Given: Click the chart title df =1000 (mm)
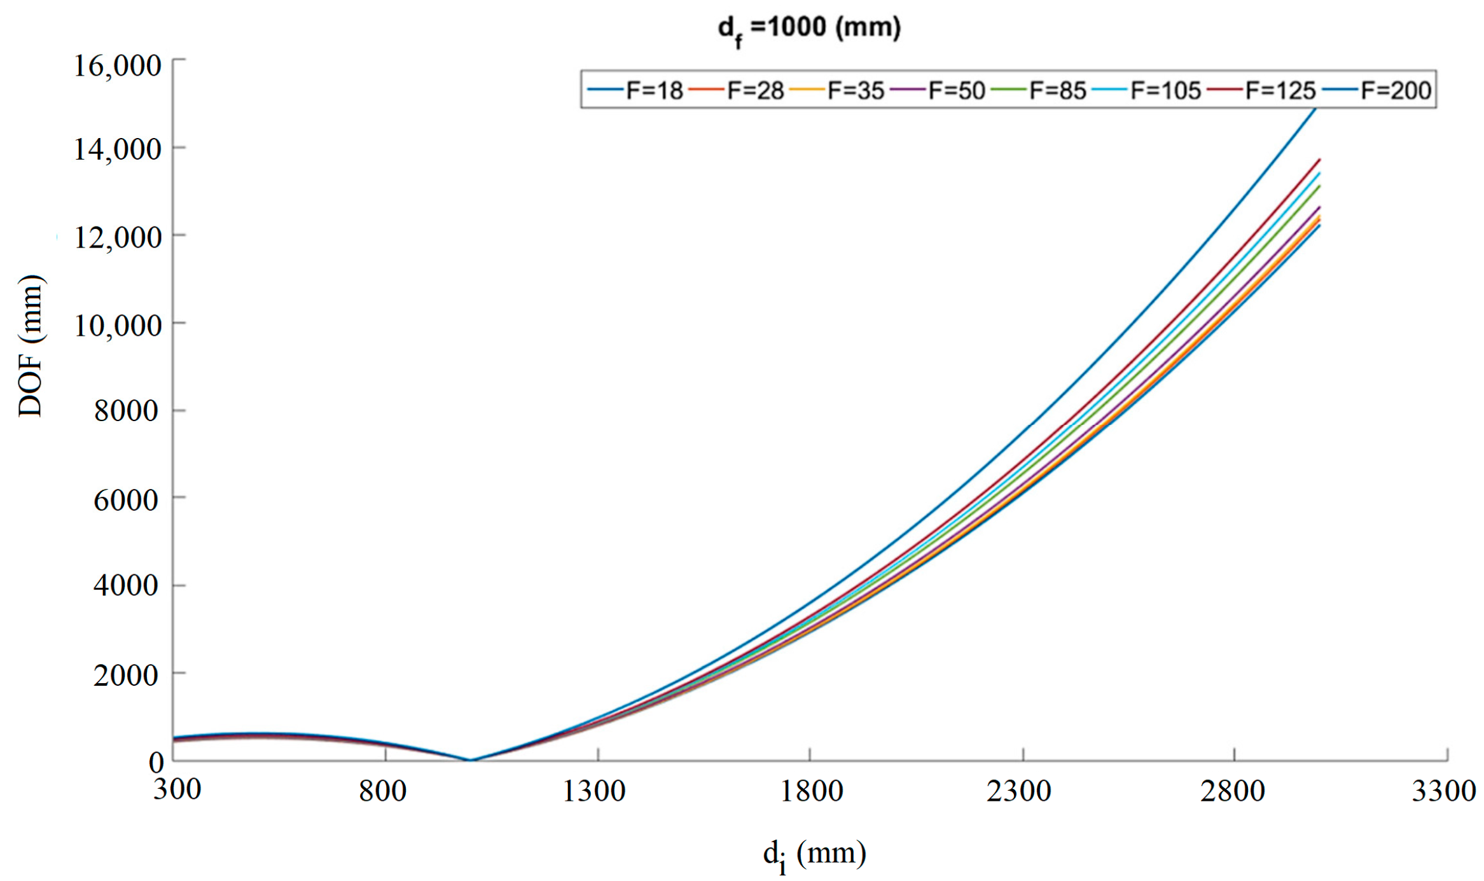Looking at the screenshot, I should (809, 29).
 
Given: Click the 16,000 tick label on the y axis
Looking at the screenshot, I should (118, 66).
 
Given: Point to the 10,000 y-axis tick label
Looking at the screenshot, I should (118, 326).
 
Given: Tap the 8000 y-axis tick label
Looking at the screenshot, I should (126, 411).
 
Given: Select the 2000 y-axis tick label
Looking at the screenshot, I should (126, 675).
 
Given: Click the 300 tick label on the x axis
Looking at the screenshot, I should (177, 789).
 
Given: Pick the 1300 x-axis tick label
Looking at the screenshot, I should (595, 791).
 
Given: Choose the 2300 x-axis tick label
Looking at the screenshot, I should (1019, 791).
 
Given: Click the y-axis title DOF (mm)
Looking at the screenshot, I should (30, 347).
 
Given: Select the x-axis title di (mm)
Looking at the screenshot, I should (814, 854).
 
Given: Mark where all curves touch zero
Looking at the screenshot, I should (470, 760).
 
